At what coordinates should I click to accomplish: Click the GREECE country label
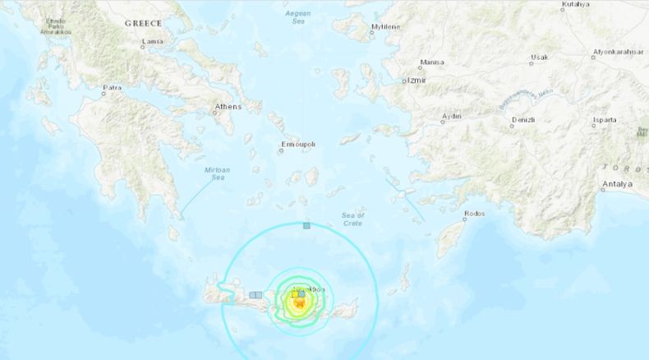(143, 24)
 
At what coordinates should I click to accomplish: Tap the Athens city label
(228, 107)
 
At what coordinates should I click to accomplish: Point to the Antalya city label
(617, 183)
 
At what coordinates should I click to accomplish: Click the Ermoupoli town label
(298, 145)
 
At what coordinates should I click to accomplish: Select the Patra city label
(112, 87)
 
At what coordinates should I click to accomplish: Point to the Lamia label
(152, 41)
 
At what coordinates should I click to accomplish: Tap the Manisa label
(431, 62)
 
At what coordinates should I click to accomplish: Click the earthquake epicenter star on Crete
(298, 305)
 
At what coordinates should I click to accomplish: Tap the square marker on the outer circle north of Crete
(306, 224)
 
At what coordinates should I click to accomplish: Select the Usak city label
(539, 58)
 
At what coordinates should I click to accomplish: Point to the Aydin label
(451, 117)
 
